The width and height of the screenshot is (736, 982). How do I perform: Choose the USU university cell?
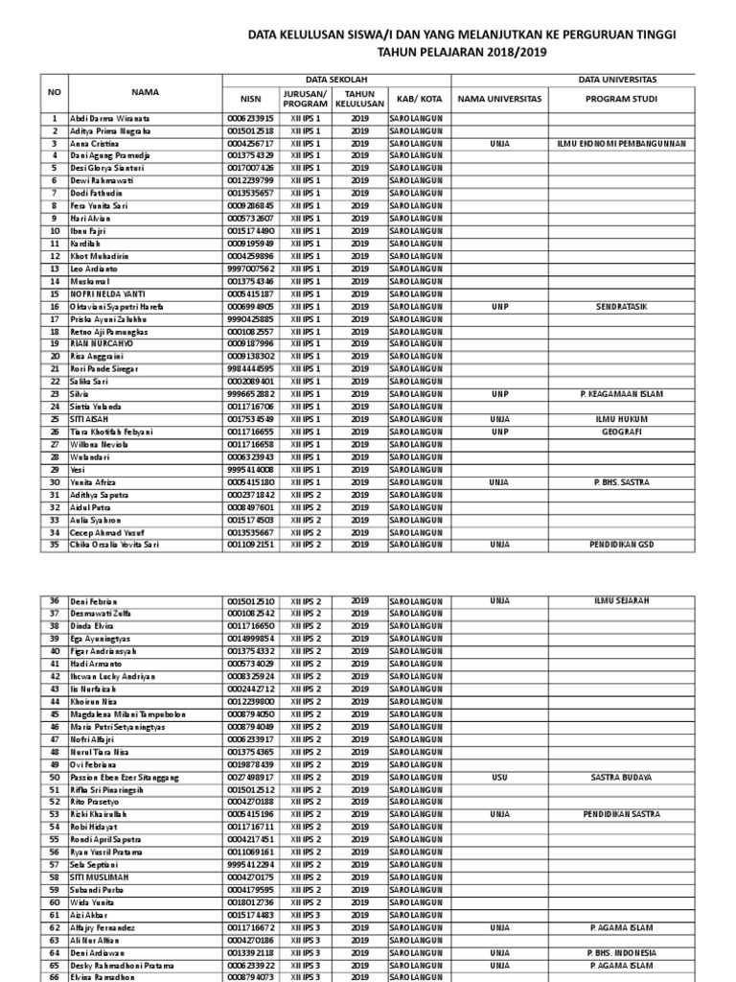(x=499, y=776)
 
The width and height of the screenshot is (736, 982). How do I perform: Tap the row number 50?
(x=55, y=776)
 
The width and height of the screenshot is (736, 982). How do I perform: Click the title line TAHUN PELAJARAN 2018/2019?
(x=461, y=53)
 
